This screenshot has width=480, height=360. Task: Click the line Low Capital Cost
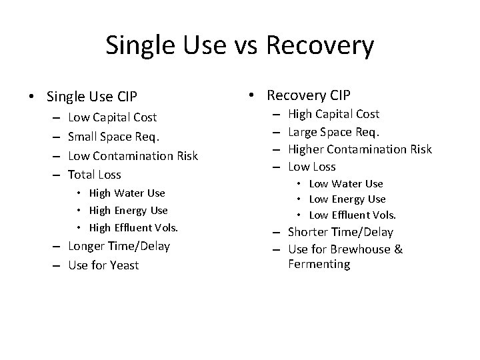tap(113, 117)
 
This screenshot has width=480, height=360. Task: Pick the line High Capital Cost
tap(333, 114)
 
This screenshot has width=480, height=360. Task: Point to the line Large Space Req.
tap(333, 131)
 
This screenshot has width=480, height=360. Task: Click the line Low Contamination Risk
tap(133, 156)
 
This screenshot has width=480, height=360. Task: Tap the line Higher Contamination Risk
tap(360, 149)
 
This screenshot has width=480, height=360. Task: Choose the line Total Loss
tap(95, 175)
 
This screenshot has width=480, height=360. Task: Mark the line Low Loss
tap(312, 167)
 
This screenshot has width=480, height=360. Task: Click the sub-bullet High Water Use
tap(127, 193)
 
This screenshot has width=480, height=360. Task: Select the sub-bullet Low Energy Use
tap(347, 199)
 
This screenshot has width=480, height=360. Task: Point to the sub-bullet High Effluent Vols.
tap(133, 228)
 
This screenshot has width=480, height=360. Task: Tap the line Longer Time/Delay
tap(119, 246)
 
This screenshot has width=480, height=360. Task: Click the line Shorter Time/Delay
tap(341, 232)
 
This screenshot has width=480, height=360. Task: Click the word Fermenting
tap(319, 264)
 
